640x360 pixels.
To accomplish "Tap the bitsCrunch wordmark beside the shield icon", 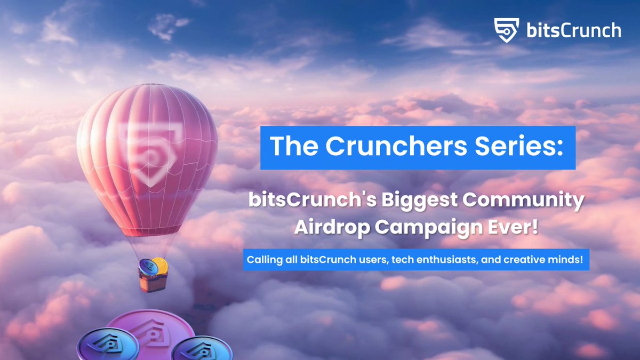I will (572, 30).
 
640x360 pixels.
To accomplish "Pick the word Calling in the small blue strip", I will (262, 260).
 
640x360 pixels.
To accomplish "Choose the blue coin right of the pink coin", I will (202, 349).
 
